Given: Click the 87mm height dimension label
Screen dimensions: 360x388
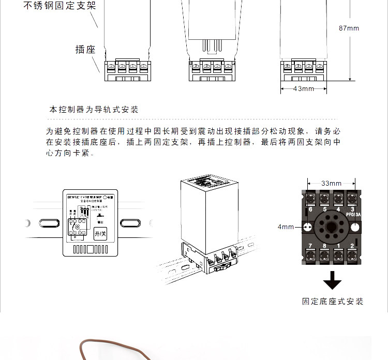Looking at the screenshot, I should point(349,28).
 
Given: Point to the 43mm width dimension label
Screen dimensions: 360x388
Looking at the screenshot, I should point(304,89).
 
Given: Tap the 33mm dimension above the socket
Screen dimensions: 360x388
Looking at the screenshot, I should point(331,183).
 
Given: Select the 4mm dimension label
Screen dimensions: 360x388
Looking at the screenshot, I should point(286,227).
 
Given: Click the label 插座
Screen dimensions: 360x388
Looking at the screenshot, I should point(85,50).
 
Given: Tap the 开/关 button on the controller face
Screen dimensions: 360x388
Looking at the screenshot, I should point(100,234).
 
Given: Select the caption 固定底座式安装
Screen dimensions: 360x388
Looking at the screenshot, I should point(333,302).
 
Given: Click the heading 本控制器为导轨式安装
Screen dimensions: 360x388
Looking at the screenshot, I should point(94,110).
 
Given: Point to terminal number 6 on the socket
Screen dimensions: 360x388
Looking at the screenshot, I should point(310,209).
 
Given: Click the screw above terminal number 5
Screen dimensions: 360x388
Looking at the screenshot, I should point(324,198).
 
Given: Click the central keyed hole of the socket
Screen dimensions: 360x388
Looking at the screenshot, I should point(331,227).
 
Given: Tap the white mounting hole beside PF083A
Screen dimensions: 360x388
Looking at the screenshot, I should point(354,227).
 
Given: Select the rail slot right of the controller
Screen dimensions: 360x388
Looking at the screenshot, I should point(130,223).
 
